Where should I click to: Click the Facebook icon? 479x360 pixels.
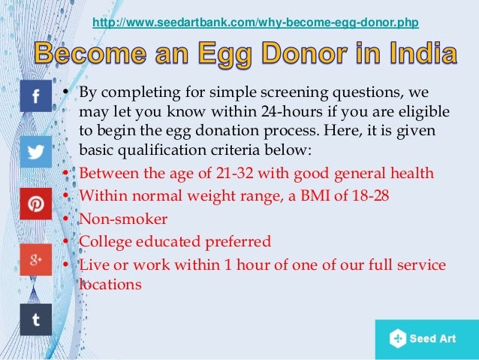point(35,96)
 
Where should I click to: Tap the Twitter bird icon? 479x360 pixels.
point(35,151)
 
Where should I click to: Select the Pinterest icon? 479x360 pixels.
point(35,204)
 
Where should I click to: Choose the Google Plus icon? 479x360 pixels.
point(35,259)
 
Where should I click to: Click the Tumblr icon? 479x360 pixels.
point(35,319)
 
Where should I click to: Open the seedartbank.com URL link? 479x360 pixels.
point(255,23)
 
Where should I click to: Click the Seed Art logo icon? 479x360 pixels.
point(397,339)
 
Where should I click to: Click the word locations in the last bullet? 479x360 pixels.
point(110,286)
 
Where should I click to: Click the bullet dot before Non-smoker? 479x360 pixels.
point(67,219)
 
